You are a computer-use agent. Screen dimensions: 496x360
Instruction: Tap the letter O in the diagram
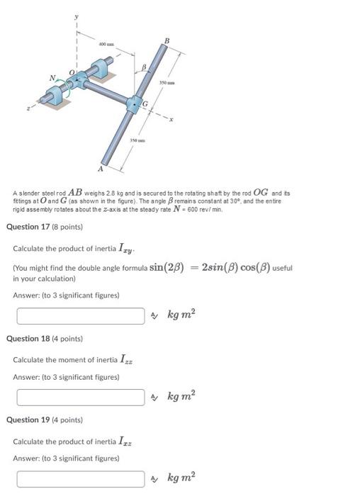click(x=71, y=71)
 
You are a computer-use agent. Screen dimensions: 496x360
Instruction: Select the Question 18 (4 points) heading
click(x=45, y=339)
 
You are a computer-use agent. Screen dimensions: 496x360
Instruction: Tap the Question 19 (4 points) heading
click(x=45, y=420)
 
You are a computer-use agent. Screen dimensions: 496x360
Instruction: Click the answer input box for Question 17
click(x=81, y=315)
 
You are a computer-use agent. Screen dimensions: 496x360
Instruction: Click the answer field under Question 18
click(x=81, y=397)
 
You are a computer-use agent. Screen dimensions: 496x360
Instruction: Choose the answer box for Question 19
click(x=81, y=478)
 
